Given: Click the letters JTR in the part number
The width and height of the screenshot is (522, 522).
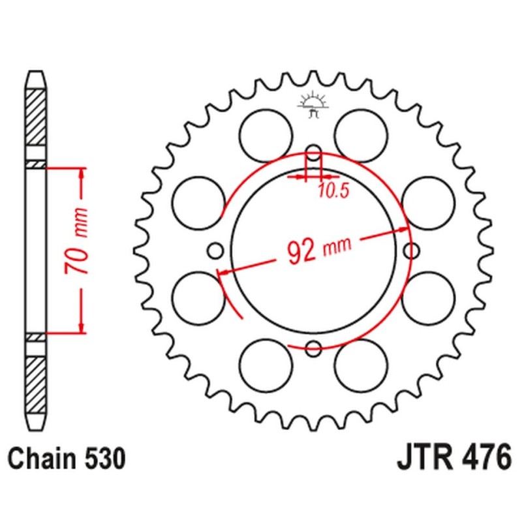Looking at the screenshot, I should [x=423, y=458].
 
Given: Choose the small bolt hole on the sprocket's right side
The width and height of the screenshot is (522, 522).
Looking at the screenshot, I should [x=412, y=250].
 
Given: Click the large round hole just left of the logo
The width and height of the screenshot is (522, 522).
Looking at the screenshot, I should [x=265, y=134].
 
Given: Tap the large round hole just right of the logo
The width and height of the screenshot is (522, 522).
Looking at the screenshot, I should [x=362, y=134].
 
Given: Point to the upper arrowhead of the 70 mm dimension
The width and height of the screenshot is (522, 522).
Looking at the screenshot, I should [x=81, y=172].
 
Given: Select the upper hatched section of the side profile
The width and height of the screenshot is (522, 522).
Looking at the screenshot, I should [x=36, y=117].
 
